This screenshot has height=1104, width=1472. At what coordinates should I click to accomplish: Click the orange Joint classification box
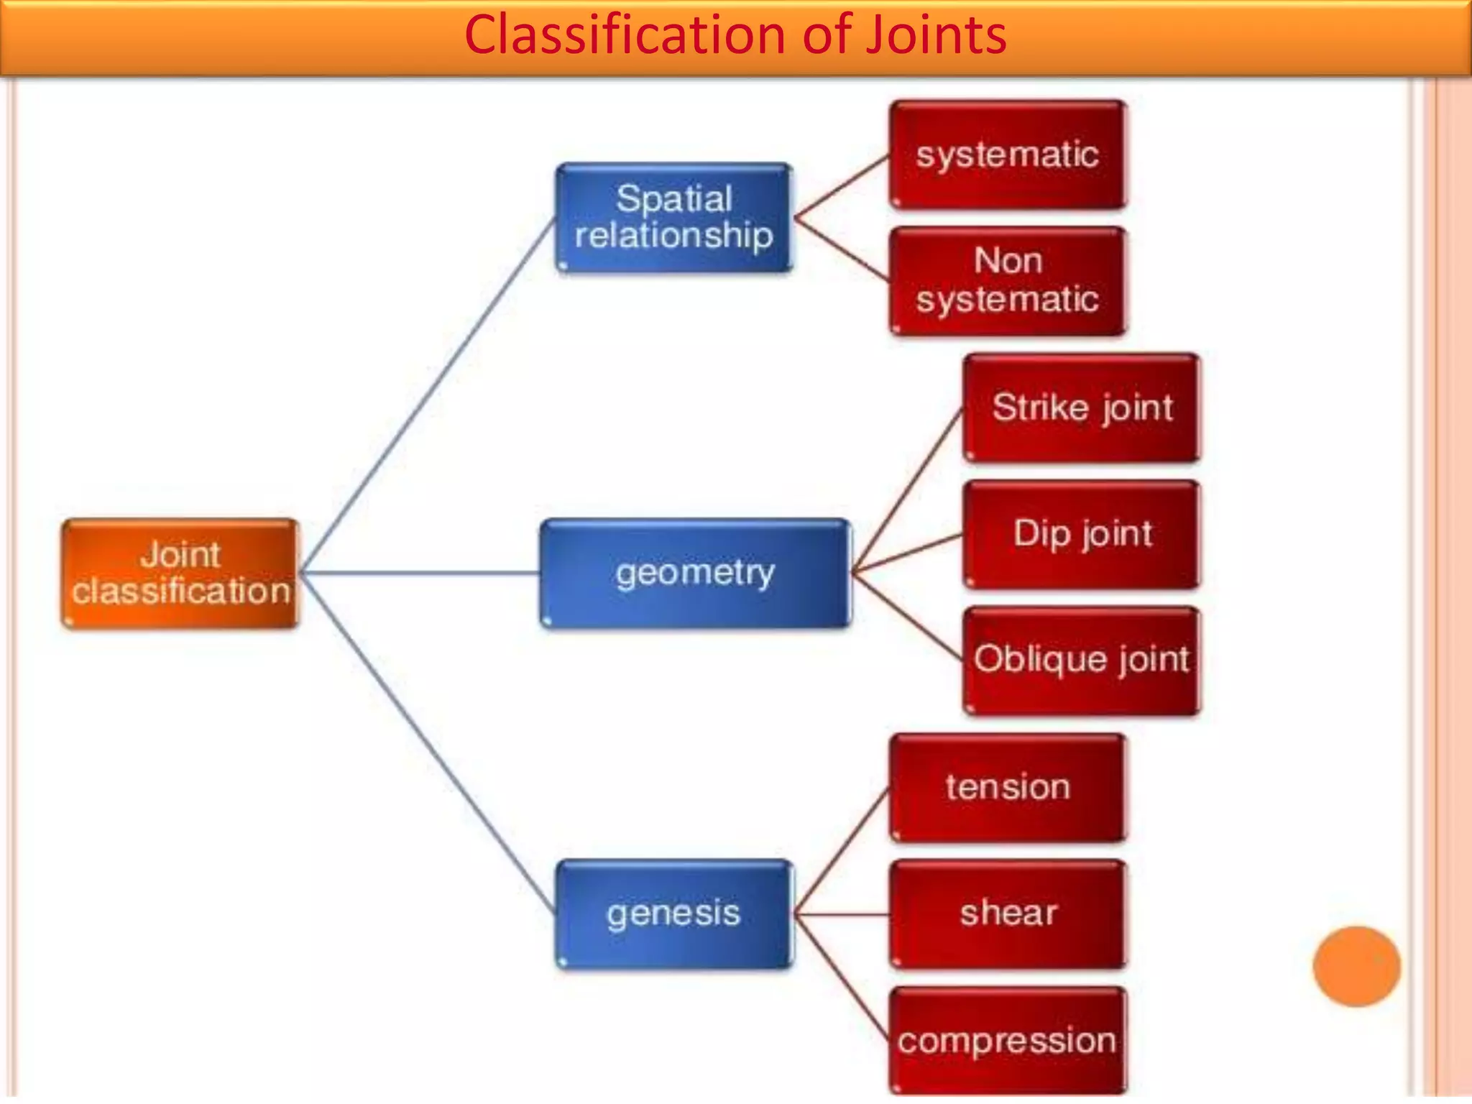[x=180, y=574]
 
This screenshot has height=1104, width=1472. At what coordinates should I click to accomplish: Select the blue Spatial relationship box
[x=674, y=218]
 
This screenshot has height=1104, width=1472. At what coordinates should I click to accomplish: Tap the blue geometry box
[x=695, y=574]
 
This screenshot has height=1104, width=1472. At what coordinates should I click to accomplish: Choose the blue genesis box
[x=674, y=914]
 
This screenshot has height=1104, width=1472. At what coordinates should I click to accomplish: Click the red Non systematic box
[x=1008, y=281]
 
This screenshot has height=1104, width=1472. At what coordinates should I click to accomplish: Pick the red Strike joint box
[x=1082, y=408]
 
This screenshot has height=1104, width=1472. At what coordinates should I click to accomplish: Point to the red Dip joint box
[x=1082, y=534]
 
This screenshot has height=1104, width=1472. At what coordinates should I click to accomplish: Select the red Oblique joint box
[x=1082, y=661]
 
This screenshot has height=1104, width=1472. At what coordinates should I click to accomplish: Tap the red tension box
[x=1008, y=787]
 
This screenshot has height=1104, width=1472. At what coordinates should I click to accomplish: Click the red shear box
[x=1008, y=914]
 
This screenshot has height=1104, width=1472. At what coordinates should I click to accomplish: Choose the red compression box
[x=1008, y=1041]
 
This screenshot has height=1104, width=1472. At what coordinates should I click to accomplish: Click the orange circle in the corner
[x=1356, y=966]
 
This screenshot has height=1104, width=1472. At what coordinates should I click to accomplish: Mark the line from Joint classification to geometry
[x=420, y=573]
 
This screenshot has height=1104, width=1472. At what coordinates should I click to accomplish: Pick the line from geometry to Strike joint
[x=907, y=490]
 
